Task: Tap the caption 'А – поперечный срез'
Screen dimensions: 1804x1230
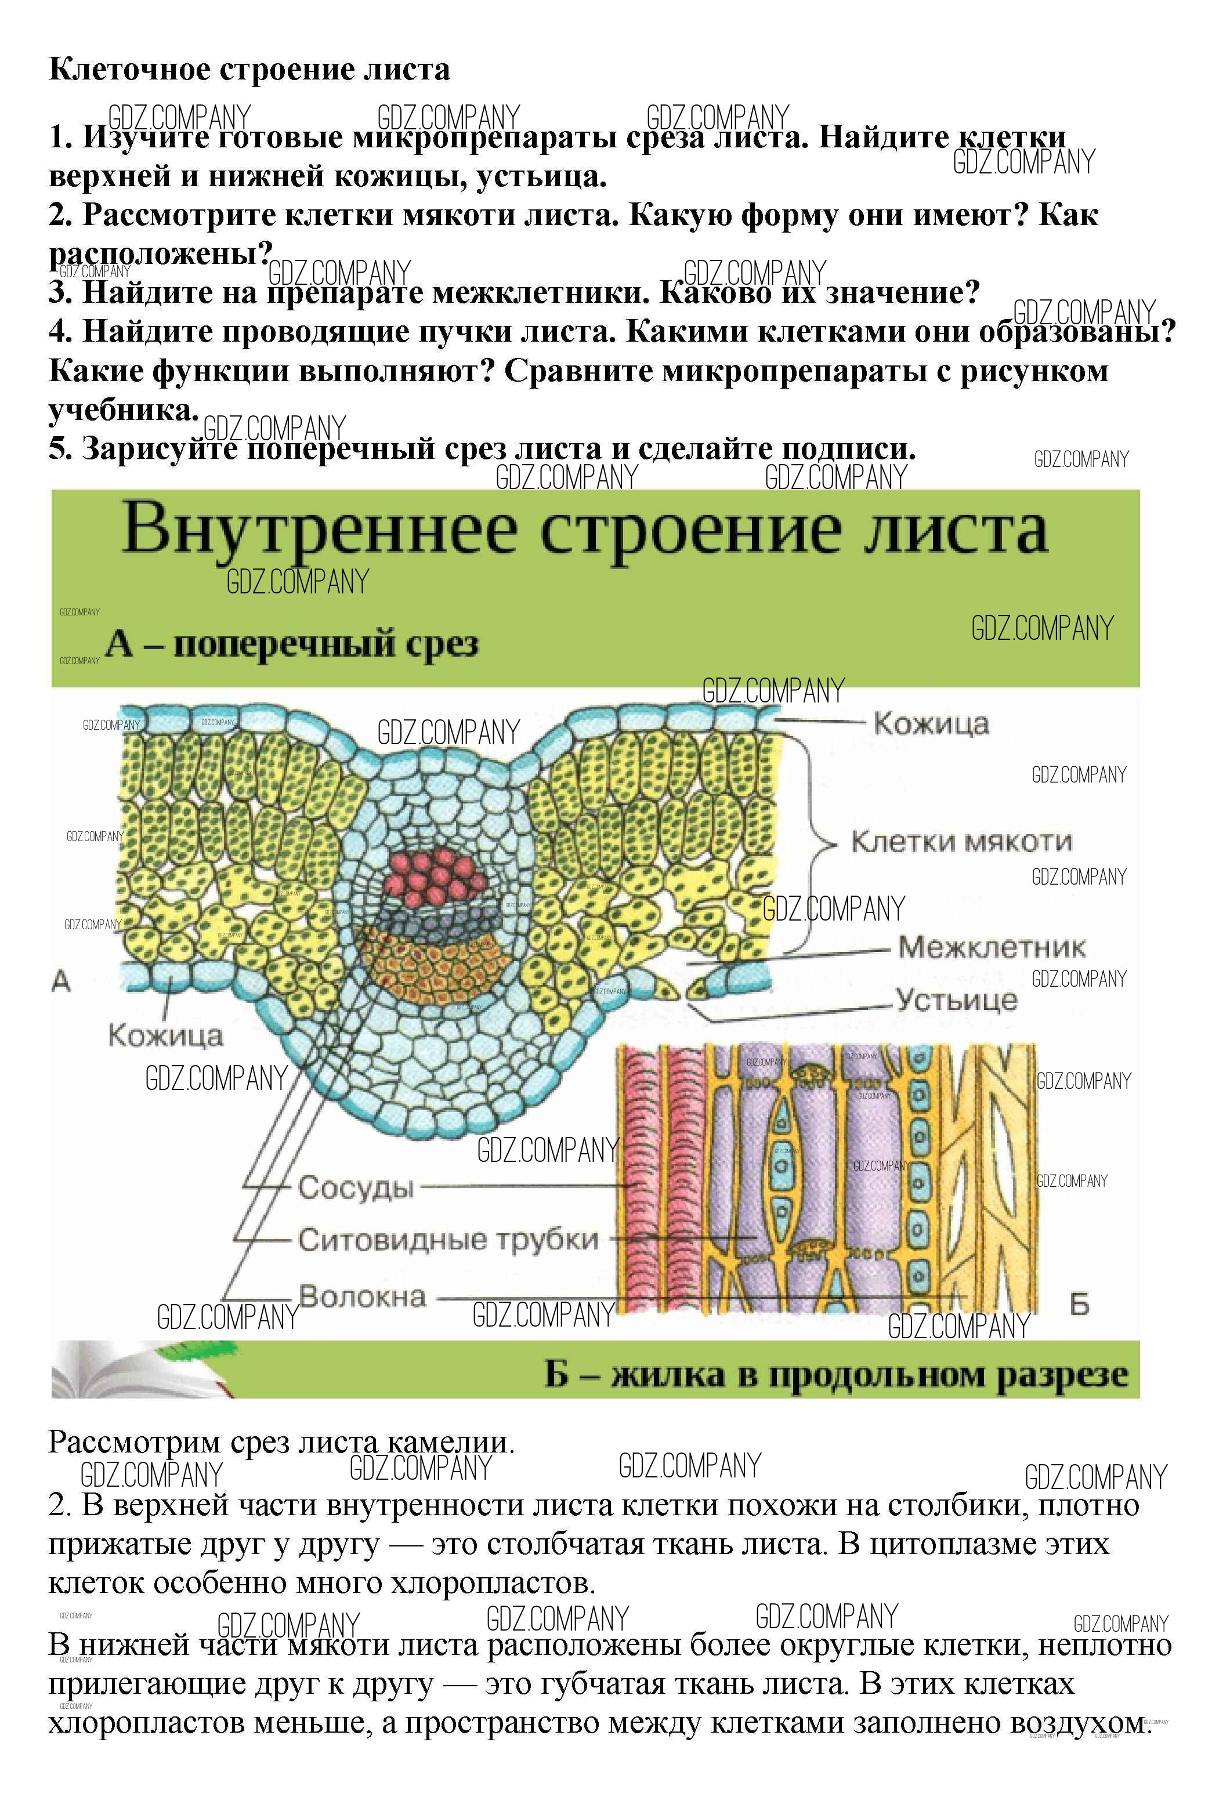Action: [291, 644]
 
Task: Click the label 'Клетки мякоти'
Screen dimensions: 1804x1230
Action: [961, 842]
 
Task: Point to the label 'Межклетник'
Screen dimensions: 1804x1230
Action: [991, 947]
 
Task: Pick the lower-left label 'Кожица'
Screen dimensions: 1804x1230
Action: [165, 1035]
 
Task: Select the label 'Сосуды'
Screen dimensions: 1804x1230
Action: [356, 1187]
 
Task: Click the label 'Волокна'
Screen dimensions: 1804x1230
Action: [362, 1296]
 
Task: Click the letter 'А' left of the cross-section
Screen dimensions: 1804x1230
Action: [60, 981]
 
